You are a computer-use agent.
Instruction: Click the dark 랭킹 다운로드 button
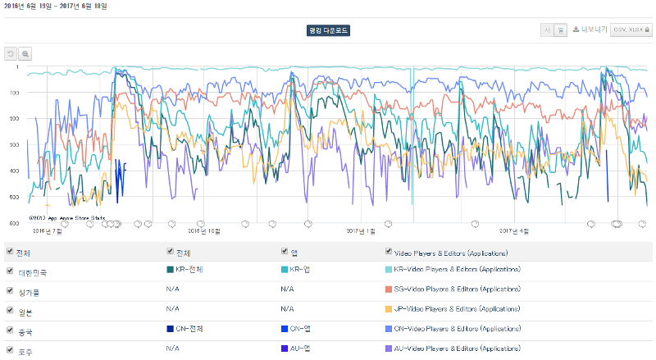click(x=328, y=30)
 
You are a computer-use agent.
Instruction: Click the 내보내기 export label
click(x=593, y=30)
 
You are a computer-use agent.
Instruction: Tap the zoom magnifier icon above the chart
click(x=26, y=54)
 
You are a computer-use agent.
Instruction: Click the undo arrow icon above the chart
click(x=11, y=54)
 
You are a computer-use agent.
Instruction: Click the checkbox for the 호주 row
click(x=9, y=350)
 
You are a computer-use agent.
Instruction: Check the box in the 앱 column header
click(x=285, y=253)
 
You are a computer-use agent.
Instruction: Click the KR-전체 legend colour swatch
click(x=170, y=269)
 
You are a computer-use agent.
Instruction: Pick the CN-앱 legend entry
click(x=297, y=329)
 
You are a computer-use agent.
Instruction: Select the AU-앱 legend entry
click(x=297, y=349)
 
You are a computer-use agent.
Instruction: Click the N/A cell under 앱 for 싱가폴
click(x=286, y=289)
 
